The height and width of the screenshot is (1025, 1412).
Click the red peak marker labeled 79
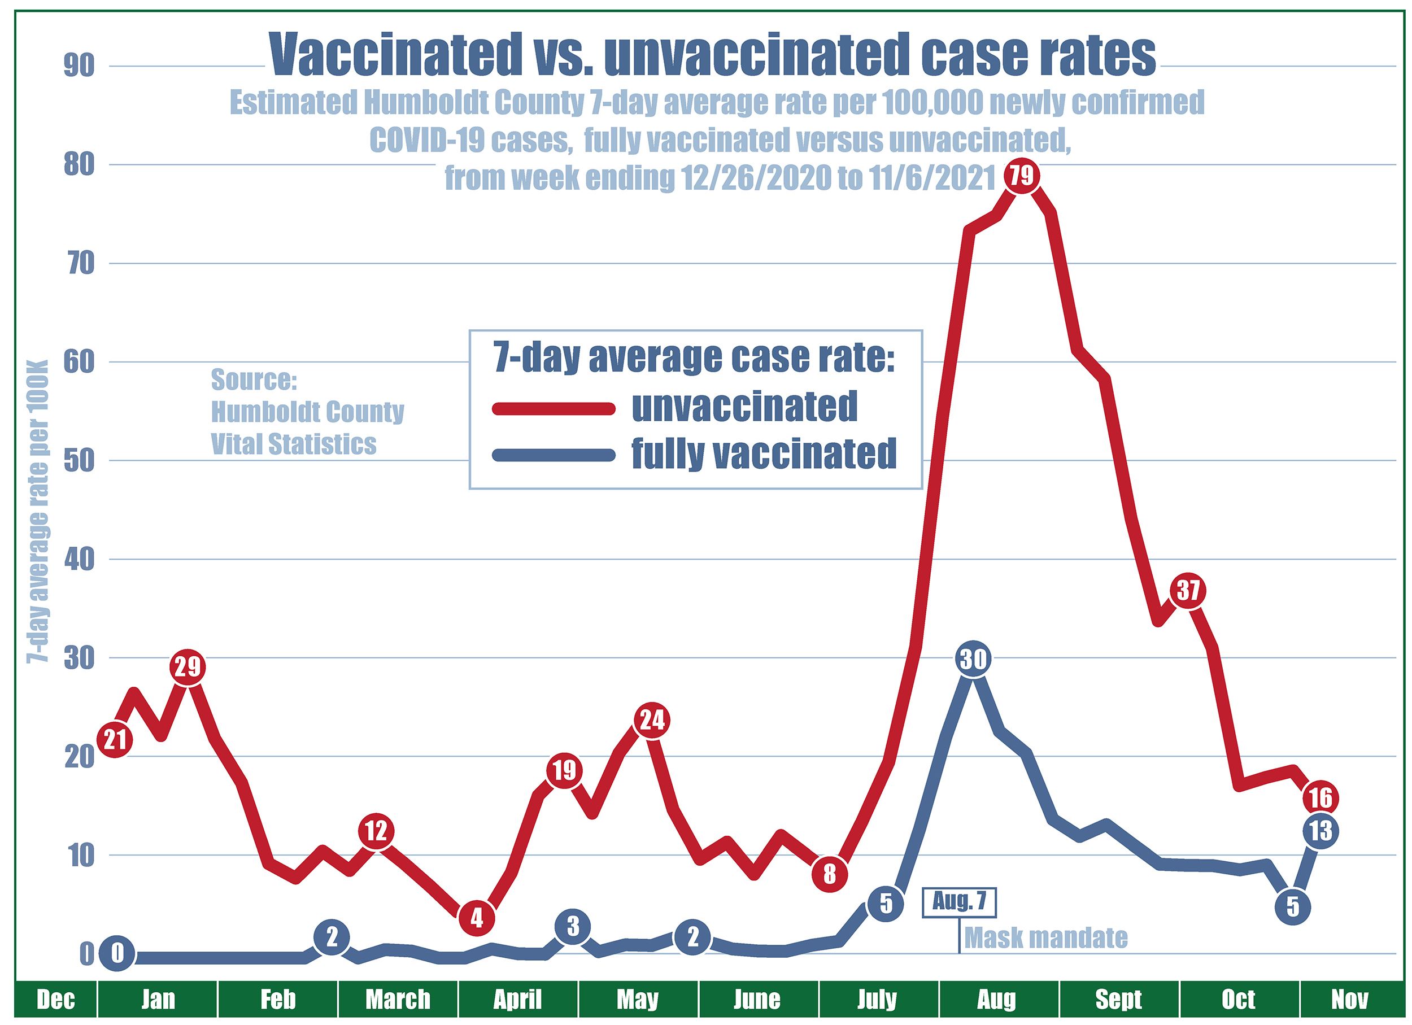coord(1022,177)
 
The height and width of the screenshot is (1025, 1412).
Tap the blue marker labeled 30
coord(973,658)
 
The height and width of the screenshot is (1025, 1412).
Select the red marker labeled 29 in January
coord(188,667)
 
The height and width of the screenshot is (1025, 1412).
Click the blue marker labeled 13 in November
coord(1320,831)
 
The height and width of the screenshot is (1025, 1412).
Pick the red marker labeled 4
coord(477,917)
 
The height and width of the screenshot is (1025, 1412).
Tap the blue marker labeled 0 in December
coord(117,953)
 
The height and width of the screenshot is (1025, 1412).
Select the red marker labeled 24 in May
coord(651,720)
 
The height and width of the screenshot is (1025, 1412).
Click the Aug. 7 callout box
coord(960,902)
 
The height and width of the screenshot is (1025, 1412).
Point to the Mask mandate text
coord(1046,938)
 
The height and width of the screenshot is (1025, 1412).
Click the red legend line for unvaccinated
coord(554,408)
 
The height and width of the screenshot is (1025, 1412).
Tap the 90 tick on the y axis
coord(79,67)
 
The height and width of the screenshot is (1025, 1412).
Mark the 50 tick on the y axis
coord(79,462)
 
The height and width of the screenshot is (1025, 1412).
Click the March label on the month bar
coord(398,1000)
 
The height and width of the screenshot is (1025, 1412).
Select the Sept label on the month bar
coord(1119,1000)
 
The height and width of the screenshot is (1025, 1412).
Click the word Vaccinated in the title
coord(395,55)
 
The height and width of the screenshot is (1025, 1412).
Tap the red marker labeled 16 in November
coord(1320,797)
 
